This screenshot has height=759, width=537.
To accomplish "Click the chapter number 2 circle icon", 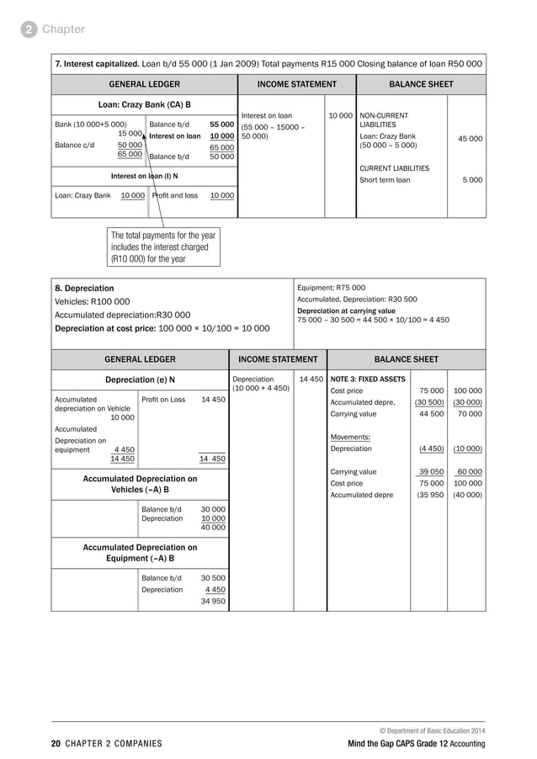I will point(29,29).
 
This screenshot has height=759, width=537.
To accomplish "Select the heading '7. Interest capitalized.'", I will point(98,63).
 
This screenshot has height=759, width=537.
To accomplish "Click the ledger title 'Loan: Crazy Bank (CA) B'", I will point(144,105).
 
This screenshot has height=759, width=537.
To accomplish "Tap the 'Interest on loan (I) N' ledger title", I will point(144,176).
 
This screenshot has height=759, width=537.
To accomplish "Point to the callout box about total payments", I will point(163,247).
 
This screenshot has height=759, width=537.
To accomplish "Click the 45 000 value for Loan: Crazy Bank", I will point(470,139).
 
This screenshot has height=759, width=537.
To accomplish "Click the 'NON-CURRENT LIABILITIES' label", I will point(384,119).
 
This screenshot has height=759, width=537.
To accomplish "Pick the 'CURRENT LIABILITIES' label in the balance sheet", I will point(394,168).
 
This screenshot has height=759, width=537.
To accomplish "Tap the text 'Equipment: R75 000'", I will point(331,287).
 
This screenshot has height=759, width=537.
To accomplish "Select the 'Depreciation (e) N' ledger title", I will point(140,379).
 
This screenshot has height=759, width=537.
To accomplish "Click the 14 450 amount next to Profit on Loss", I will point(212,400).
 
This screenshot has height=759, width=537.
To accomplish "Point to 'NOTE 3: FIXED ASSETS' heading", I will point(369,379).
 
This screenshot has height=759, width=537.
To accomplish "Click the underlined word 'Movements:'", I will point(350,437).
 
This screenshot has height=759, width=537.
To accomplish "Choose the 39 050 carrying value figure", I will point(431,472).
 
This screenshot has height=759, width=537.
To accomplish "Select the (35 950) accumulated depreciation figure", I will point(431,496).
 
